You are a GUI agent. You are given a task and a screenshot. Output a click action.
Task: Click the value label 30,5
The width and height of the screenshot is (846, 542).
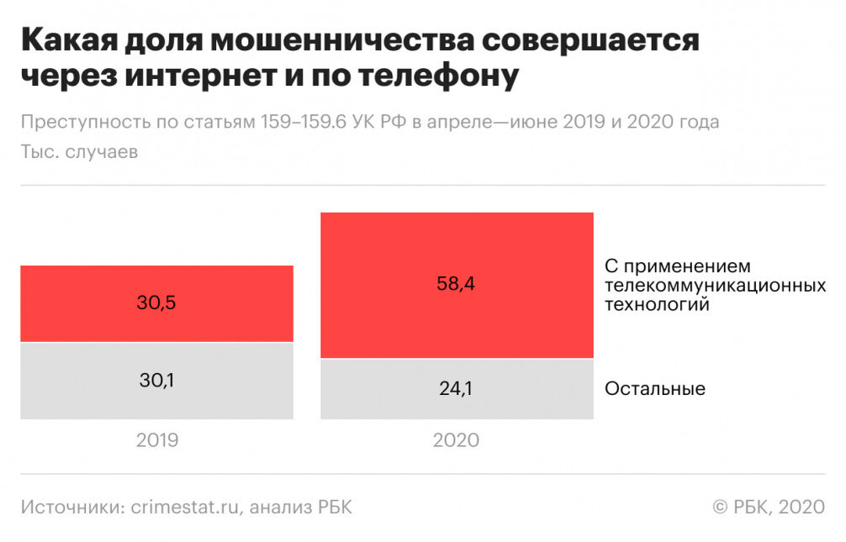pyautogui.click(x=156, y=303)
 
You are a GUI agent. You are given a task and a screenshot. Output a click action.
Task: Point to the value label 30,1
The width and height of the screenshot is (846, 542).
pyautogui.click(x=156, y=381)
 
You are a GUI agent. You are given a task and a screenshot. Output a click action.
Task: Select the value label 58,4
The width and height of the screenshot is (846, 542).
pyautogui.click(x=456, y=284)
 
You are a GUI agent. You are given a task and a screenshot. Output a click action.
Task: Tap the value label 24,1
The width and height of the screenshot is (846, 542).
pyautogui.click(x=456, y=389)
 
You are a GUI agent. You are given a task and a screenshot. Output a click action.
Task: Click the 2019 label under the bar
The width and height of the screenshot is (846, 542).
pyautogui.click(x=156, y=440)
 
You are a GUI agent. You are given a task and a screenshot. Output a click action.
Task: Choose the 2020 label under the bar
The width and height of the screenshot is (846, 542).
pyautogui.click(x=456, y=440)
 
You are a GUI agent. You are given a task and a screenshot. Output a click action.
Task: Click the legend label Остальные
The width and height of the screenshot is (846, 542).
pyautogui.click(x=654, y=389)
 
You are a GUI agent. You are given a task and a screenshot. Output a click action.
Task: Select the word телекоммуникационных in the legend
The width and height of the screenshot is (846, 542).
pyautogui.click(x=715, y=286)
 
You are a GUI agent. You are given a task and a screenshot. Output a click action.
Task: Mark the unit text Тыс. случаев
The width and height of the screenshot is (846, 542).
pyautogui.click(x=80, y=152)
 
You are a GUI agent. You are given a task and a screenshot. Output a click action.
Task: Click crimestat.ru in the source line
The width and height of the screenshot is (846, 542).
pyautogui.click(x=186, y=507)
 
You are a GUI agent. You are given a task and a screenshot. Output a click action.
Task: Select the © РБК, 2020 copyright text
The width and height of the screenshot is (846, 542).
pyautogui.click(x=769, y=507)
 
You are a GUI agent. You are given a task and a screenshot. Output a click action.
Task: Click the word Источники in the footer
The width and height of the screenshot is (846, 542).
pyautogui.click(x=72, y=507)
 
